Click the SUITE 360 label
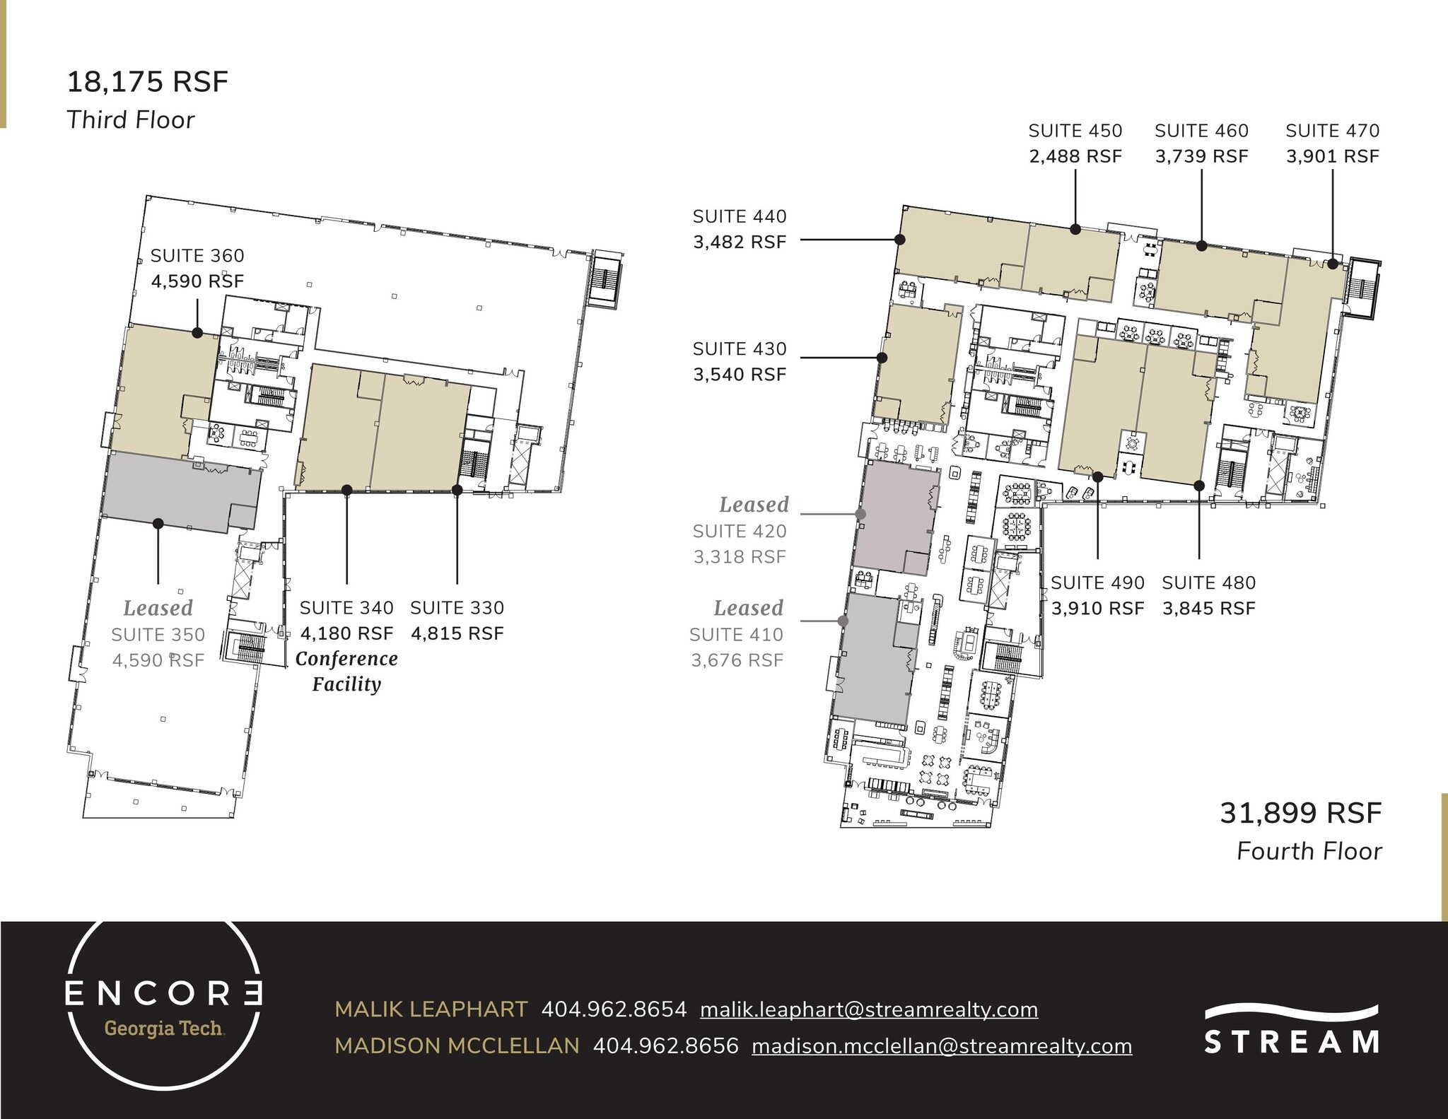coord(197,256)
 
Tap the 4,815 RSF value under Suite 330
coord(457,633)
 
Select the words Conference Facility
coord(346,671)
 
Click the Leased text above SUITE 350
coord(158,608)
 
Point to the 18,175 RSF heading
coord(148,82)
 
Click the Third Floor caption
coord(130,119)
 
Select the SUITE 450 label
coord(1075,131)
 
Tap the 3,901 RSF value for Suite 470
coord(1332,156)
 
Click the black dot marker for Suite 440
coord(900,240)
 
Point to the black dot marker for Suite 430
coord(882,358)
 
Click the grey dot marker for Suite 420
coord(860,514)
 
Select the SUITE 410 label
coord(736,635)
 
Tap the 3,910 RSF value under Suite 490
coord(1097,608)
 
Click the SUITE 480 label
coord(1208,583)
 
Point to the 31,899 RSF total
coord(1300,813)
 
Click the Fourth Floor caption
coord(1309,851)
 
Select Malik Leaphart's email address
coord(869,1009)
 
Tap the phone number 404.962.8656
coord(665,1045)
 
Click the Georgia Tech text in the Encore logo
coord(164,1029)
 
